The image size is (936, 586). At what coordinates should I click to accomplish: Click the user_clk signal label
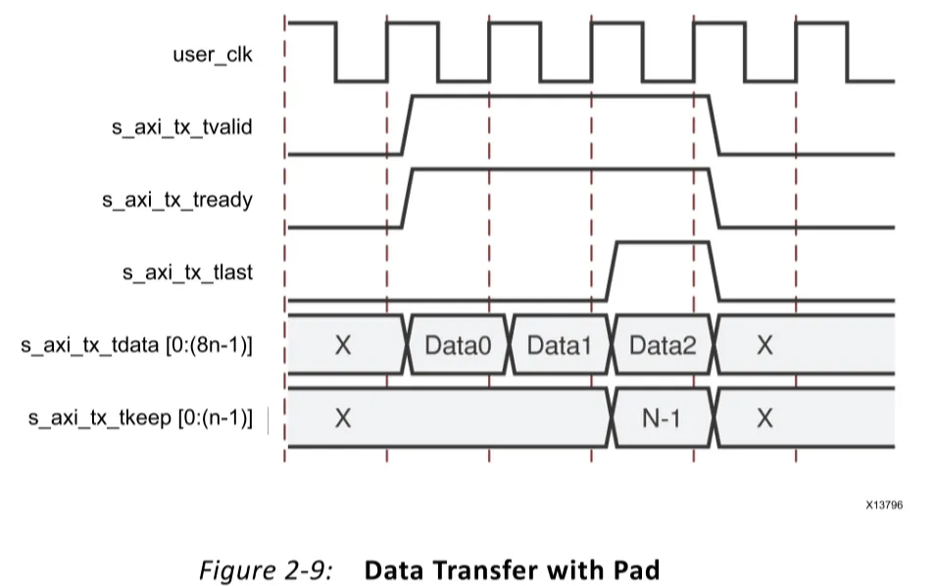coord(213,54)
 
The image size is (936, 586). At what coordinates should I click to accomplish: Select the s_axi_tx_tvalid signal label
coord(181,126)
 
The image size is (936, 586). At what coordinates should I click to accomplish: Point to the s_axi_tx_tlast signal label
coord(187,272)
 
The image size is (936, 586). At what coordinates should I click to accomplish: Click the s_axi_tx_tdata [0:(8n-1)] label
coord(136,345)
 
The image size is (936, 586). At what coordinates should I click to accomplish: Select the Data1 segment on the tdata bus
coord(559,345)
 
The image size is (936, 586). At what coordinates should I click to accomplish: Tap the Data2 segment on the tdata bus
coord(662,345)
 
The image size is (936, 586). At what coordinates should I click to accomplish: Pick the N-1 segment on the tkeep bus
coord(662,418)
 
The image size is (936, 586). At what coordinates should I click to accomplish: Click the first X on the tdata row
coord(342,345)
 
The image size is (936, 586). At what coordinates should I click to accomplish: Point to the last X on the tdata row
coord(764,345)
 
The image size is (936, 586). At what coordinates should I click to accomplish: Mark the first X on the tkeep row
coord(342,418)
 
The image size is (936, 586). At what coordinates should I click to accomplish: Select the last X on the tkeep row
coord(764,418)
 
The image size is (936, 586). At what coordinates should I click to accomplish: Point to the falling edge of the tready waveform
coord(714,199)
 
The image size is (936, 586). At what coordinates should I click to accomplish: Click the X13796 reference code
coord(884,505)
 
